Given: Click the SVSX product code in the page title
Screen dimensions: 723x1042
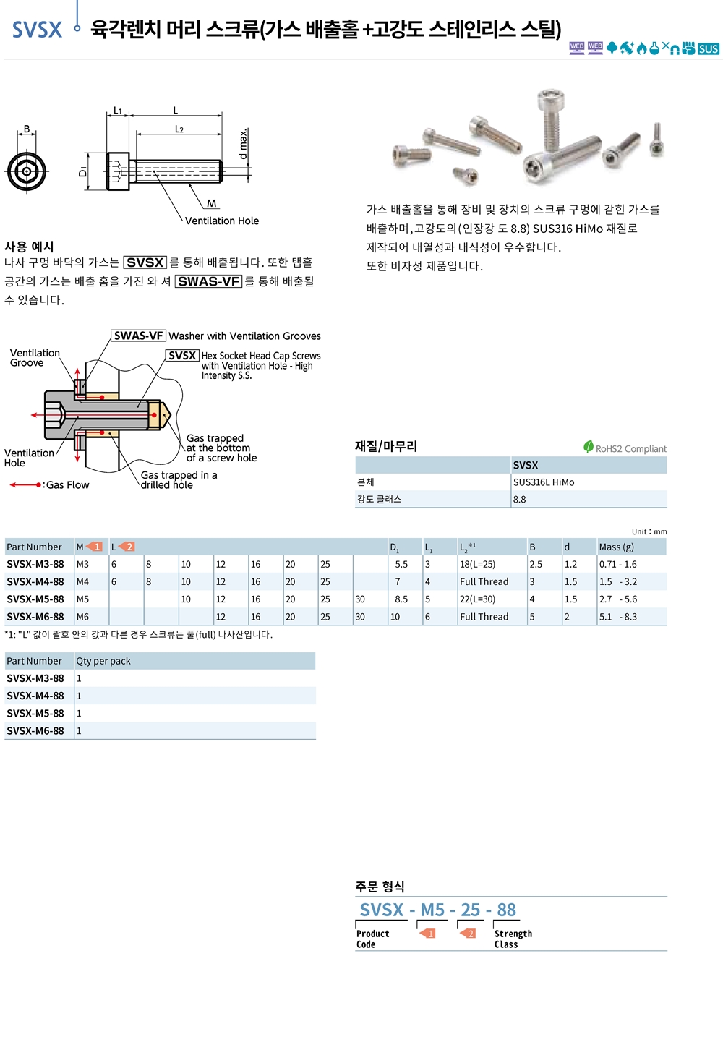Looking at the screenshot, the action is pos(37,30).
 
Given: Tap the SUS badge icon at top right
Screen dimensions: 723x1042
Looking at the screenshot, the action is pos(708,49).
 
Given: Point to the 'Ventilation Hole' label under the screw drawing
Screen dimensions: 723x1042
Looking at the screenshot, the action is pos(221,221).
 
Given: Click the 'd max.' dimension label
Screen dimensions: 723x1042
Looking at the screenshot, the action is pos(243,144).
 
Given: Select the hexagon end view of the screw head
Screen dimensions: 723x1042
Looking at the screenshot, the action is pos(27,171).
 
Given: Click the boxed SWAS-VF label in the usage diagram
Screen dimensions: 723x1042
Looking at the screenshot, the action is pos(138,336).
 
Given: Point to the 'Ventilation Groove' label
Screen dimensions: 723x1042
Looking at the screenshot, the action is pos(35,358).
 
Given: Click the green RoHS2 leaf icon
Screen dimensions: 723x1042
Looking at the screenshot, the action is pos(588,447).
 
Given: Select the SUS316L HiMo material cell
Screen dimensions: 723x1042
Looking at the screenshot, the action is pos(544,482).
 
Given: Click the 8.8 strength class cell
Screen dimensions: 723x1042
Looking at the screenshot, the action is pos(519,500).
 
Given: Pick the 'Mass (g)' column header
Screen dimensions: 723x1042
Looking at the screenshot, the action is pos(616,547).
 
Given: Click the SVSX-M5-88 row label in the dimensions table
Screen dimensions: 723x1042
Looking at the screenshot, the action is pos(35,599).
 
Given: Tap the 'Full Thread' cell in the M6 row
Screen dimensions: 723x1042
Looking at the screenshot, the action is pos(484,617).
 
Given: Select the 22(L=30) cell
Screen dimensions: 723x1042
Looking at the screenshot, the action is pos(477,599).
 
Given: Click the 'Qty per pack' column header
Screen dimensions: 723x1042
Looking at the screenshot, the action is pos(103,661).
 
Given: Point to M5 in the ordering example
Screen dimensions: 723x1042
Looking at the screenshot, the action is pos(432,910).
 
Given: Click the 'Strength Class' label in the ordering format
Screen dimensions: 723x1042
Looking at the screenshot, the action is pos(513,939).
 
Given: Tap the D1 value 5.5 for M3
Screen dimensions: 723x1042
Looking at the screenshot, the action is pos(401,564).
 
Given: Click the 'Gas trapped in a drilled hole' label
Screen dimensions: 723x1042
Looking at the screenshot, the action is pos(179,479).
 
